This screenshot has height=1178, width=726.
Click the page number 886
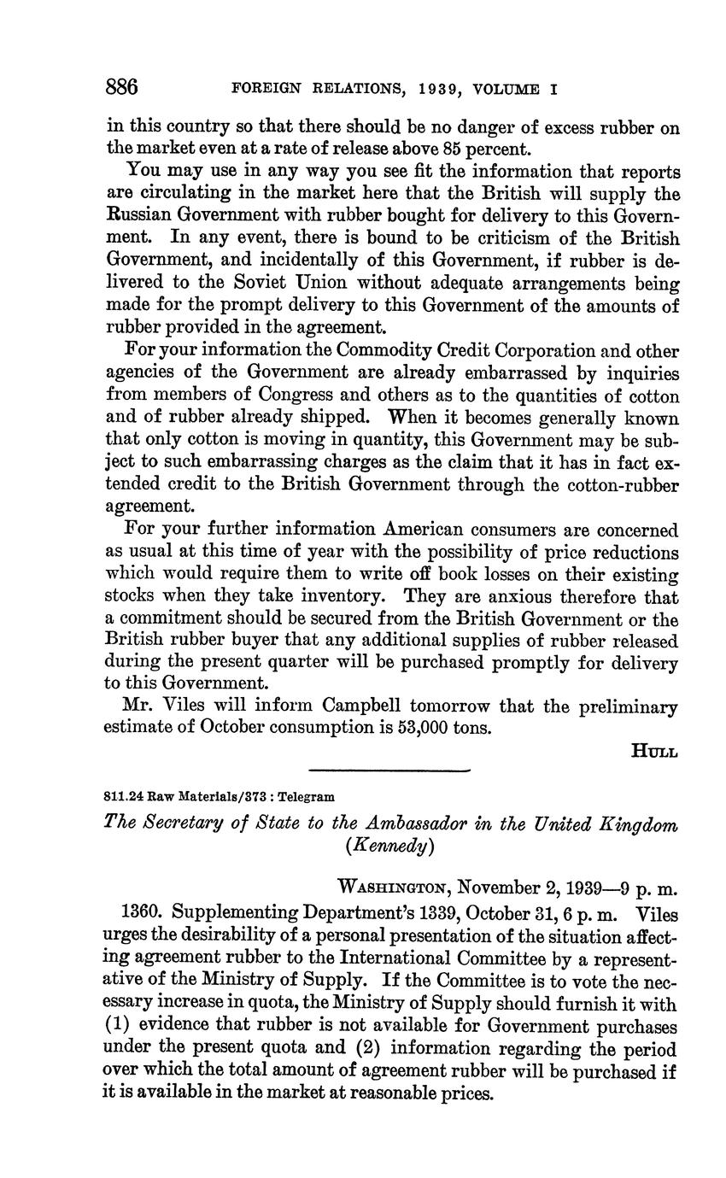pyautogui.click(x=122, y=87)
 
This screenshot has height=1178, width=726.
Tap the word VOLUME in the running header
pyautogui.click(x=509, y=89)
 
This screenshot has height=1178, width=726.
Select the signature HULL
pyautogui.click(x=654, y=752)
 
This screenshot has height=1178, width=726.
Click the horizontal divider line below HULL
pyautogui.click(x=389, y=771)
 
